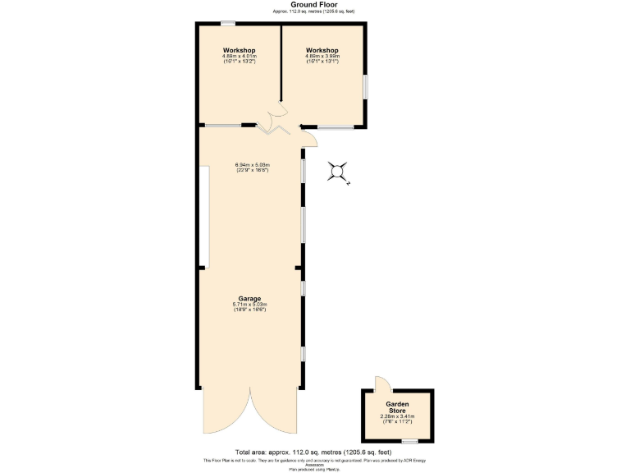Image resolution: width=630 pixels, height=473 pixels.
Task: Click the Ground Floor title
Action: click(315, 4)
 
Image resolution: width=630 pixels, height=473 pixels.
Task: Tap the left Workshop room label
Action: click(240, 51)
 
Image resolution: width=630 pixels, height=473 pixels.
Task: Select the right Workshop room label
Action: click(322, 51)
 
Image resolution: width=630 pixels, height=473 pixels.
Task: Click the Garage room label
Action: click(249, 298)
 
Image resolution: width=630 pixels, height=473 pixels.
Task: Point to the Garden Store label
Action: click(398, 407)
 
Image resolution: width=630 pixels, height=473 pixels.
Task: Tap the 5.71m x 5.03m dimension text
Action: click(249, 305)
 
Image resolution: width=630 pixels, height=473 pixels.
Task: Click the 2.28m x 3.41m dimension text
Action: click(398, 417)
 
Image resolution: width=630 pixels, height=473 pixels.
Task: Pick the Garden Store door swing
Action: click(380, 383)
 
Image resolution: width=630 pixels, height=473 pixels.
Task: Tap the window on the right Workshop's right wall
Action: click(366, 87)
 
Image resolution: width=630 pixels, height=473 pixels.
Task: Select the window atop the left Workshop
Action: click(228, 23)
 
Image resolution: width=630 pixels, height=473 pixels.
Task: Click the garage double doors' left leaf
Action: click(226, 415)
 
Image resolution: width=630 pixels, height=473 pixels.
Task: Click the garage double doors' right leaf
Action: click(275, 415)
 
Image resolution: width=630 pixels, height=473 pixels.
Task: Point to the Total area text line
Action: click(315, 452)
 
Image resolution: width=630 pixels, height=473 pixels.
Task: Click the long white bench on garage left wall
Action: click(204, 217)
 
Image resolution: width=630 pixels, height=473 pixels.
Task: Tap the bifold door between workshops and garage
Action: click(271, 128)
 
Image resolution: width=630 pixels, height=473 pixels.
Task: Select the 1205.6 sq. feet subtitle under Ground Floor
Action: click(315, 11)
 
